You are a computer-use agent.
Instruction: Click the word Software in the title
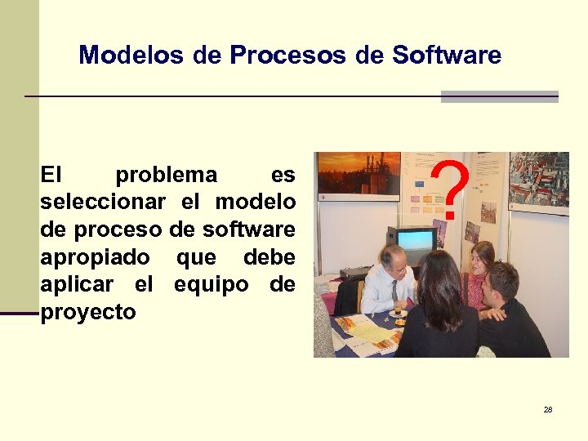click(447, 56)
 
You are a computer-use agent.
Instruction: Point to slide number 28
click(548, 409)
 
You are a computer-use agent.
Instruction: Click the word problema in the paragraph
click(167, 175)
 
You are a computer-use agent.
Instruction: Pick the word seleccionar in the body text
click(103, 202)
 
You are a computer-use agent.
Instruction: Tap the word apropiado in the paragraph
click(95, 257)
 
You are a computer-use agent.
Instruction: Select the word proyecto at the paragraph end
click(88, 312)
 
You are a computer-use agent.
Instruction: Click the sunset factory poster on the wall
click(358, 172)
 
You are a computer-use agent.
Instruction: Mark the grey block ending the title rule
click(499, 96)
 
